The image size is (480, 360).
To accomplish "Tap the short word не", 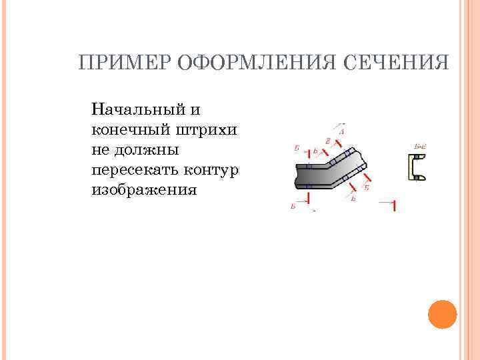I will [102, 149].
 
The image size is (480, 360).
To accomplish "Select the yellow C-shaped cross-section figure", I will [417, 167].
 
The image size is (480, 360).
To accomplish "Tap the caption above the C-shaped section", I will [420, 145].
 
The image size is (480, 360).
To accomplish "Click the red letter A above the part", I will [341, 132].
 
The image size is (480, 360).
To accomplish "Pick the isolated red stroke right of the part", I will [394, 205].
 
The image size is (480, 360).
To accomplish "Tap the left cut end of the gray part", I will [298, 176].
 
